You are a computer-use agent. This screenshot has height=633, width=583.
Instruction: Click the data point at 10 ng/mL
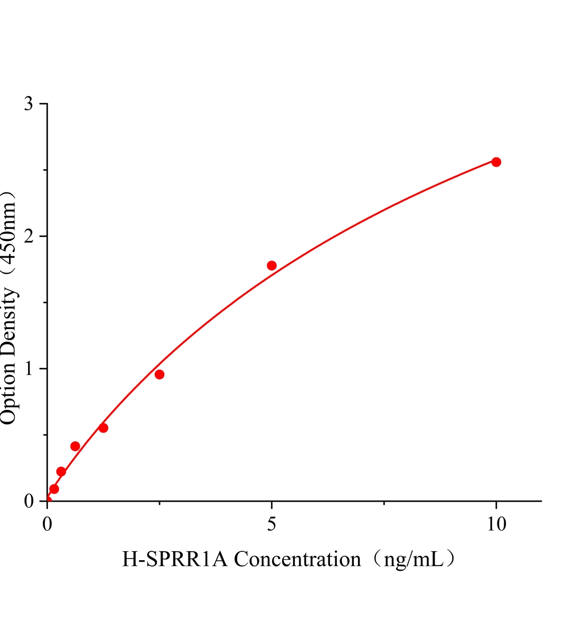pos(496,162)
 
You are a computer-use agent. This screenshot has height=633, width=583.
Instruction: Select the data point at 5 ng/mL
pos(271,265)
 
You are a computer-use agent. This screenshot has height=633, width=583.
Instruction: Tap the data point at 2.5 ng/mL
pos(159,375)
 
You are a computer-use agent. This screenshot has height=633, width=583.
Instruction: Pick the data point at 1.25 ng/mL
pos(104,428)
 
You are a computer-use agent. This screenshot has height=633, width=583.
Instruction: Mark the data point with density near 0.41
pos(75,446)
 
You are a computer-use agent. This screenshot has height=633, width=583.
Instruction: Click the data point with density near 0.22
pos(61,472)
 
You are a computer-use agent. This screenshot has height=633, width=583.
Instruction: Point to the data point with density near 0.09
pos(54,489)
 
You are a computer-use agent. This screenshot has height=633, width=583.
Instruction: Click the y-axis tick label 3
pos(29,104)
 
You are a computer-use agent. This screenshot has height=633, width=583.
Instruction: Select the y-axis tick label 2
pos(29,236)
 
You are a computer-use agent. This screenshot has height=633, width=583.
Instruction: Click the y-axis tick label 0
pos(29,501)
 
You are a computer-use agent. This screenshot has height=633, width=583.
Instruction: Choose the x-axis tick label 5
pos(271,524)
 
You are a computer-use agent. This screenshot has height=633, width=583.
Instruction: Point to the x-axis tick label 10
pos(496,524)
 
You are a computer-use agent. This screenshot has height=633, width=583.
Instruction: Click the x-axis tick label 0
pos(48,524)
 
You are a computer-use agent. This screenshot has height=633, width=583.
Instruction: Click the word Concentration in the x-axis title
pos(297,559)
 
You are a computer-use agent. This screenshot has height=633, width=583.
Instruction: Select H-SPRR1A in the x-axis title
pos(175,559)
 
